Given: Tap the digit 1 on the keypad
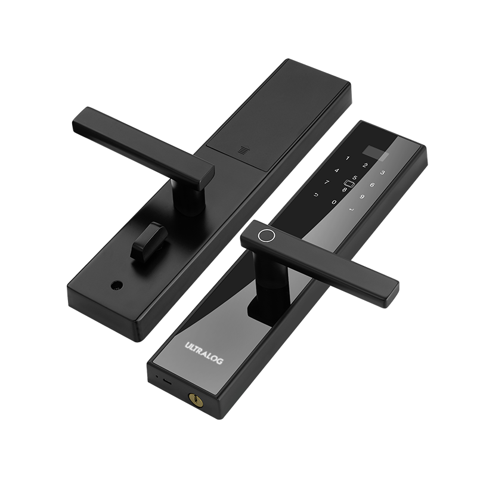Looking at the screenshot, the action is coord(348,158).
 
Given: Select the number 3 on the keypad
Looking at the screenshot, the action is coord(383,173).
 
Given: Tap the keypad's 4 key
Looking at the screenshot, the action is coord(337,171).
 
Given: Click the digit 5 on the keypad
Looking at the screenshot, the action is coord(354,178).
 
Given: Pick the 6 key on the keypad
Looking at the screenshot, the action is coord(372,185).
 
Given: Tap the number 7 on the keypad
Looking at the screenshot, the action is coord(327,182).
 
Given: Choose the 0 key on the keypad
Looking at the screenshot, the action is coord(334,202).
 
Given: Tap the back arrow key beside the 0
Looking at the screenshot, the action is coord(317,195).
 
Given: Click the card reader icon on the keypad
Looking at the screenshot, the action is coord(349,184).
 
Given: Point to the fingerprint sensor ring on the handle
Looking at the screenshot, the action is coord(267,235).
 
